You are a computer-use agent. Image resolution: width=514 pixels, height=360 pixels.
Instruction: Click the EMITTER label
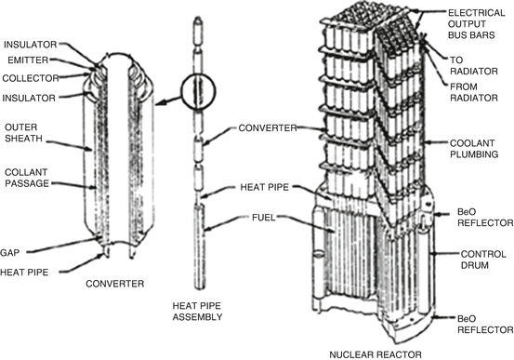tap(28, 60)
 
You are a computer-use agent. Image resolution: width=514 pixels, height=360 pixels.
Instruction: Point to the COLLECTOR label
tap(31, 78)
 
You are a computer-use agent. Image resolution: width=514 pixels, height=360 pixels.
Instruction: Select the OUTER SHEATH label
tap(23, 133)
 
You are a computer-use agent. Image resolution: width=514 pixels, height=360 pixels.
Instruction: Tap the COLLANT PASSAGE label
tap(27, 178)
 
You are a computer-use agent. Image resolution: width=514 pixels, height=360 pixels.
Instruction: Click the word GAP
tap(10, 253)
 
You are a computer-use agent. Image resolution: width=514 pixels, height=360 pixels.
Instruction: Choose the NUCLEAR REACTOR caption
tap(376, 354)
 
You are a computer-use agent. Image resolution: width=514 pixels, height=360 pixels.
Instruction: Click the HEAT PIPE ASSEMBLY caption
tap(197, 312)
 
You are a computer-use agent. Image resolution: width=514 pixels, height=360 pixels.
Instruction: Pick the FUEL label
tap(264, 218)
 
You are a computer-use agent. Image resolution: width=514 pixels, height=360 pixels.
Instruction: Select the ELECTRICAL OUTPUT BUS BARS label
tap(476, 24)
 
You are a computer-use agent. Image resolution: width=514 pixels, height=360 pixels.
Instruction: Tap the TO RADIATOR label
tap(474, 66)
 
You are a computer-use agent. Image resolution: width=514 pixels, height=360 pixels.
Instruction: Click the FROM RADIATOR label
tap(474, 92)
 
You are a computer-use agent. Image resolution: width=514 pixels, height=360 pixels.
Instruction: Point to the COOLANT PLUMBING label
tap(474, 148)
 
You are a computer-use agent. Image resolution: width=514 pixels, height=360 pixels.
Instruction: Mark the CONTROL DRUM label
tap(483, 260)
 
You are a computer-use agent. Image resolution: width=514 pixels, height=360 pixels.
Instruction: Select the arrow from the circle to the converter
tap(168, 100)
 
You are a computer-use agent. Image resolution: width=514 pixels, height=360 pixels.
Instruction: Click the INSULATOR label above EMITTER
tap(30, 45)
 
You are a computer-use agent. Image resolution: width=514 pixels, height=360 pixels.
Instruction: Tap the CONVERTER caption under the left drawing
tap(114, 284)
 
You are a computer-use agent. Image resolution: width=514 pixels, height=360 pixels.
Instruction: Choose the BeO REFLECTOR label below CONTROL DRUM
tap(485, 325)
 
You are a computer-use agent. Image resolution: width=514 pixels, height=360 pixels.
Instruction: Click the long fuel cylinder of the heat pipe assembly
tap(200, 247)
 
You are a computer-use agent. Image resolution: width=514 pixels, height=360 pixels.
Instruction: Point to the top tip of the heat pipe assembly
tap(198, 17)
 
